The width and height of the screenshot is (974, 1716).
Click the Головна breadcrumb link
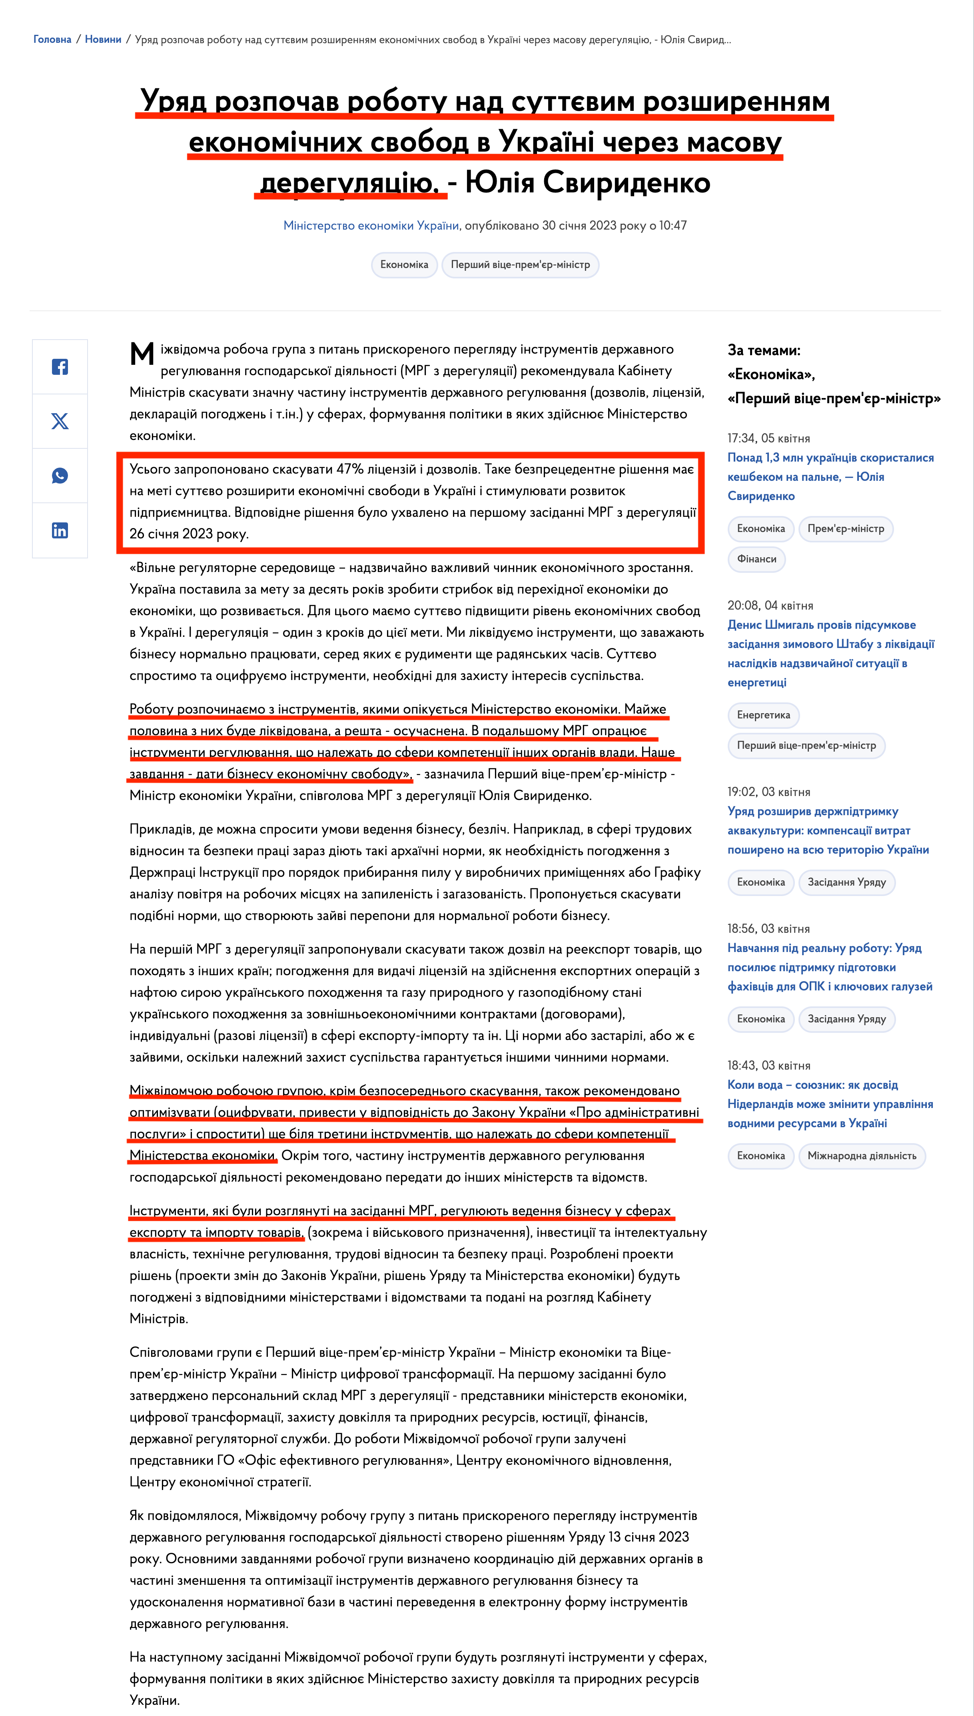(52, 40)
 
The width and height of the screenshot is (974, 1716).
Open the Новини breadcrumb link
(103, 40)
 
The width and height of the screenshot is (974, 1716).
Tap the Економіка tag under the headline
(404, 265)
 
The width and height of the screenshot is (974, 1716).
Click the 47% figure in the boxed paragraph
(349, 469)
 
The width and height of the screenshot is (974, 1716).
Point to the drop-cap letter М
(142, 354)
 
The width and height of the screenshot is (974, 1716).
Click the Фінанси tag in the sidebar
(756, 559)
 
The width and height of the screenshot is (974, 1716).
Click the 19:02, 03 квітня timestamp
(768, 792)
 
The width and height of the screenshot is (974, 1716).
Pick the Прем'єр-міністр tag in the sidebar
(846, 528)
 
